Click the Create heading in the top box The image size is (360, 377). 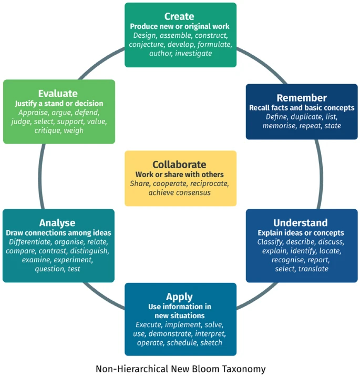(180, 16)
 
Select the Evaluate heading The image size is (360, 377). (58, 93)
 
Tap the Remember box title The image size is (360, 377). (302, 97)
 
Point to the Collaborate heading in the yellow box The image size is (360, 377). (180, 164)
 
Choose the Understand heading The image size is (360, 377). (301, 222)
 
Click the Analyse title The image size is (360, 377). (57, 222)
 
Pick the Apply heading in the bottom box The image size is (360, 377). (180, 297)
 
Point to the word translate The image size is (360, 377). (314, 269)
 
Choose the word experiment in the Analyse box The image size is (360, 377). (74, 260)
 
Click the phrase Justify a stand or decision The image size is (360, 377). (59, 104)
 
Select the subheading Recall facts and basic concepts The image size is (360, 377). (302, 108)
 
